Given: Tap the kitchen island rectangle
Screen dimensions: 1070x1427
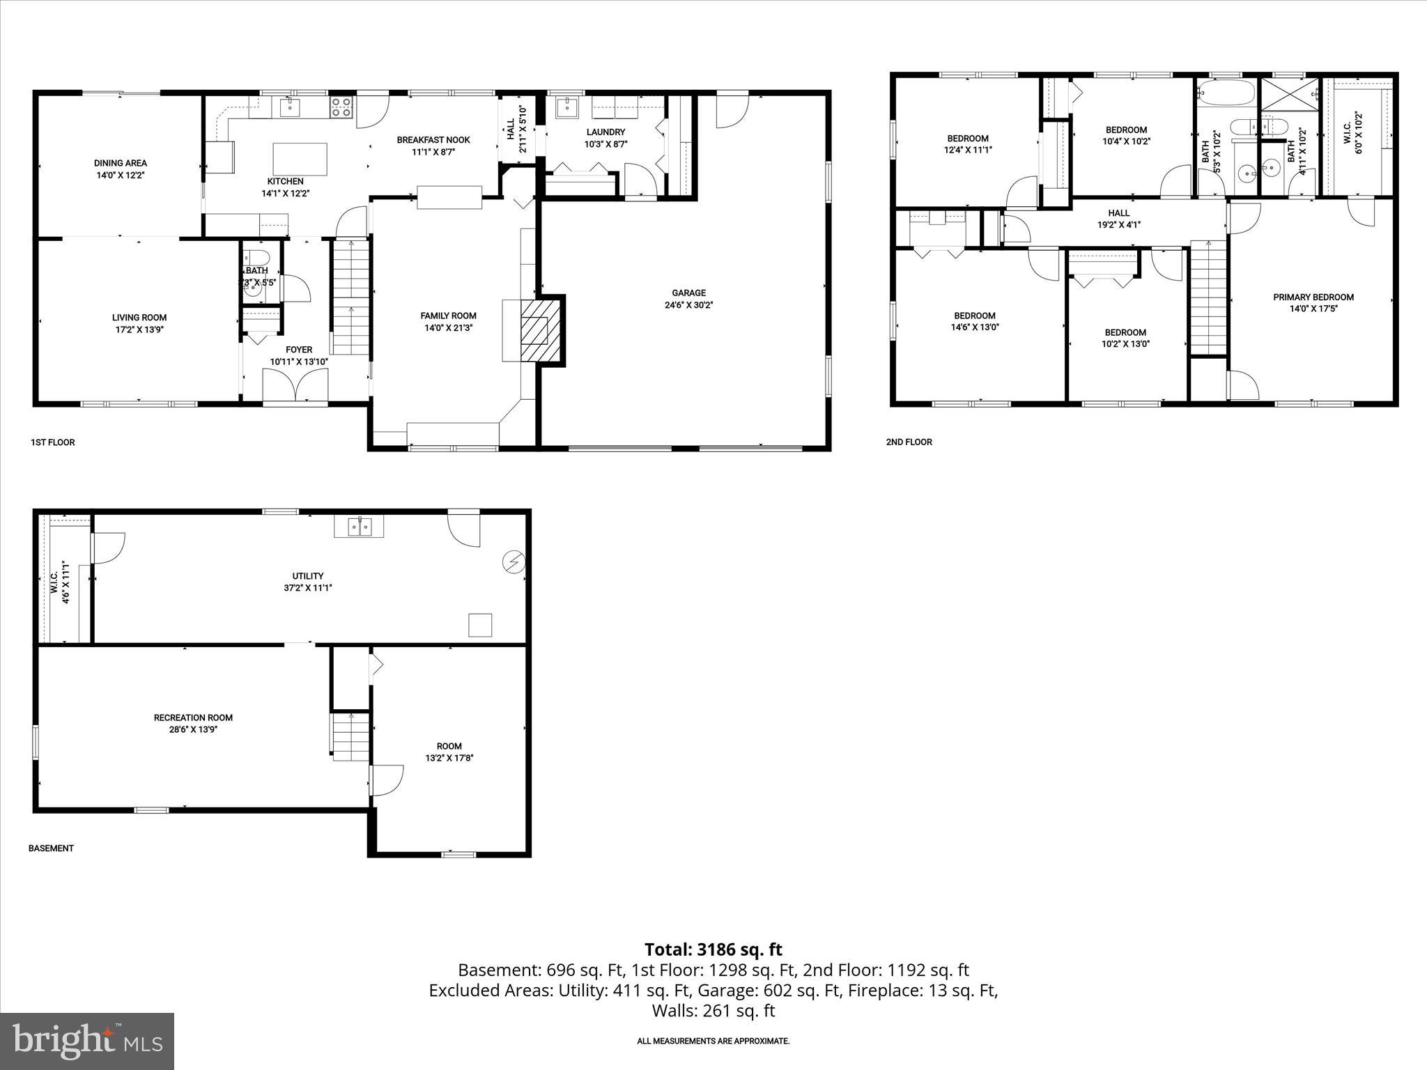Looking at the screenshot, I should click(x=300, y=159).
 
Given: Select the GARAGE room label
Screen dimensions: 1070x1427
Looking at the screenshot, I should click(x=688, y=293).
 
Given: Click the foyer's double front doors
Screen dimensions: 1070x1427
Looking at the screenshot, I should click(x=295, y=385).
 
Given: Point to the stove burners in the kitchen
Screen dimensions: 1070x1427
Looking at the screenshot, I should click(x=341, y=107).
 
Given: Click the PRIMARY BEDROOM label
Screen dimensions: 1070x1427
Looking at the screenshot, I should click(x=1313, y=297).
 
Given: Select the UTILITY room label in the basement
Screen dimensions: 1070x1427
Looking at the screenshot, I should click(x=307, y=576).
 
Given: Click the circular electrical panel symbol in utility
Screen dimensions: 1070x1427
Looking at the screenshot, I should click(x=514, y=561).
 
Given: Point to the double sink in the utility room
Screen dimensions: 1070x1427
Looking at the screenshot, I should click(x=359, y=527).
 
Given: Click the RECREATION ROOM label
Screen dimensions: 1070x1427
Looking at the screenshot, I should click(x=193, y=718).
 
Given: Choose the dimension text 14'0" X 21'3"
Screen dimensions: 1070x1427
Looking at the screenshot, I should click(x=448, y=327).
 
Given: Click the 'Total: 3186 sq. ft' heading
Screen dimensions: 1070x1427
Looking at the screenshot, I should click(x=713, y=949).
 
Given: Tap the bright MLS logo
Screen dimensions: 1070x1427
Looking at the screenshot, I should click(x=87, y=1041).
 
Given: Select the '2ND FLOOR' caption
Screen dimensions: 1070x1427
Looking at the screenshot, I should click(x=909, y=442).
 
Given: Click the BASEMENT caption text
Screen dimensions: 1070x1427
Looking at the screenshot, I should click(x=51, y=848).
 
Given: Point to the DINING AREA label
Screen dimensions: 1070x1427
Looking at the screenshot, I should click(x=121, y=163).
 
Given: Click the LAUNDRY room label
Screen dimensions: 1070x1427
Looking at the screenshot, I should click(x=605, y=132).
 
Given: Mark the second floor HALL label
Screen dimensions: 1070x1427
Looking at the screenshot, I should click(x=1118, y=213).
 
